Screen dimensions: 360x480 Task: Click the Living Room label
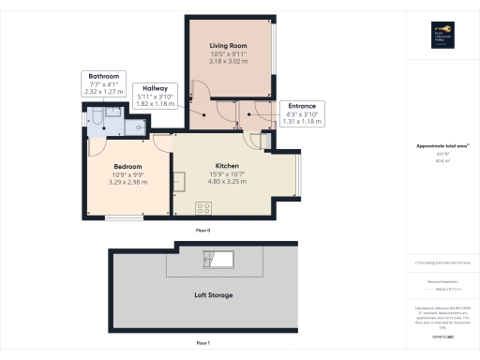228,45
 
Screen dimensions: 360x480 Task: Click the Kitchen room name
229,164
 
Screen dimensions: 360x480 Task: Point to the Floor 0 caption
202,230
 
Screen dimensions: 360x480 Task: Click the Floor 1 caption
202,343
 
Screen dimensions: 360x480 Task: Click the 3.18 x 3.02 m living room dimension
228,62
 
